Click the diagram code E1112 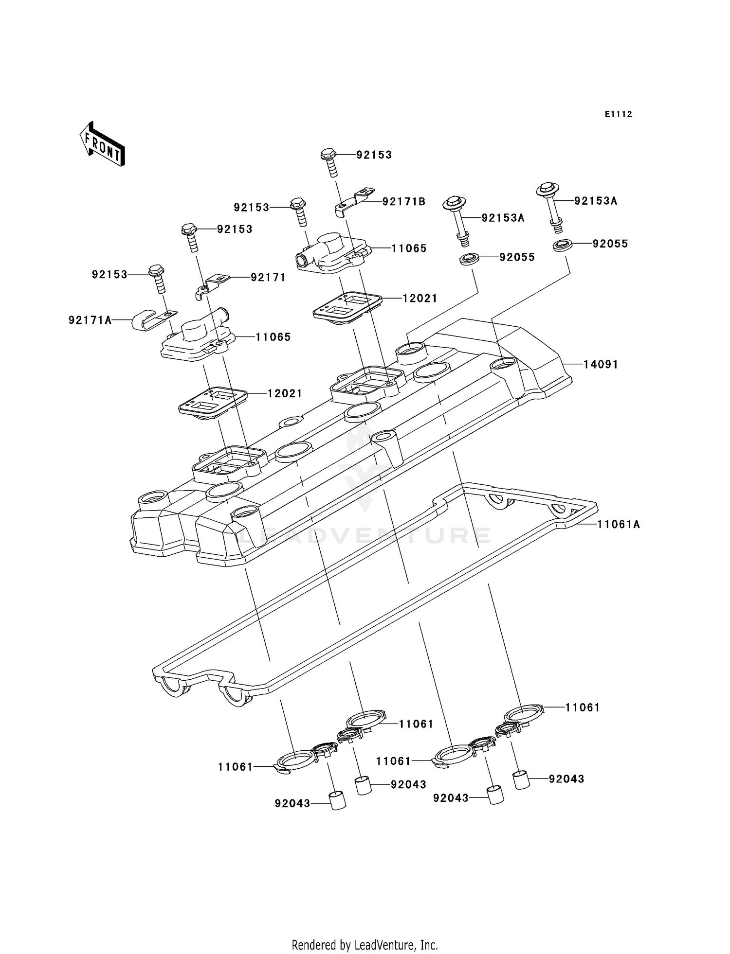[x=618, y=114]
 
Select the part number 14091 [x=601, y=364]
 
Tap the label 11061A [x=618, y=524]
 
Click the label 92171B [x=403, y=201]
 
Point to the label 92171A [x=90, y=320]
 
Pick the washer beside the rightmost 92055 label [x=562, y=245]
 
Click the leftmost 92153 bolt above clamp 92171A [x=157, y=277]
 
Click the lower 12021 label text [x=285, y=393]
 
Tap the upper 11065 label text [x=409, y=248]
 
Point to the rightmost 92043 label [x=566, y=778]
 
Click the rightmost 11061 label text [x=583, y=707]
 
